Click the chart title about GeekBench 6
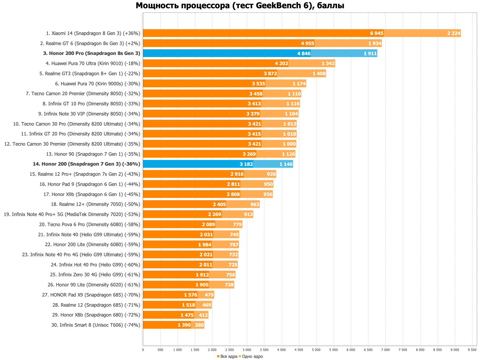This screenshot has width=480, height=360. click(240, 6)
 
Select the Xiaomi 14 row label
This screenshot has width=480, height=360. click(93, 33)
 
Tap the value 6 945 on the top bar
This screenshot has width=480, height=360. click(377, 33)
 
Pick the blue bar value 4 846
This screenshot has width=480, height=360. click(304, 54)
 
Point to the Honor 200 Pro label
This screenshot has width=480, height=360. click(91, 53)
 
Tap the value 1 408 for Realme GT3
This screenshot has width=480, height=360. click(319, 74)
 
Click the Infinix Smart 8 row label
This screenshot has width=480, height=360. click(96, 325)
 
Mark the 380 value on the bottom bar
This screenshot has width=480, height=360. click(199, 325)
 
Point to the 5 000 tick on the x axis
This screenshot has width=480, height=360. click(316, 350)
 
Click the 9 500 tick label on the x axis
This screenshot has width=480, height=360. click(472, 350)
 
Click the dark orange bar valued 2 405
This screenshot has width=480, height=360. click(184, 205)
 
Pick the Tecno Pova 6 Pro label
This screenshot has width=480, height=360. click(90, 225)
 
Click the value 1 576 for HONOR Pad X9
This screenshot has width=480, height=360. click(190, 295)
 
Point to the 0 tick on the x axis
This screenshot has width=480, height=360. click(143, 350)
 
